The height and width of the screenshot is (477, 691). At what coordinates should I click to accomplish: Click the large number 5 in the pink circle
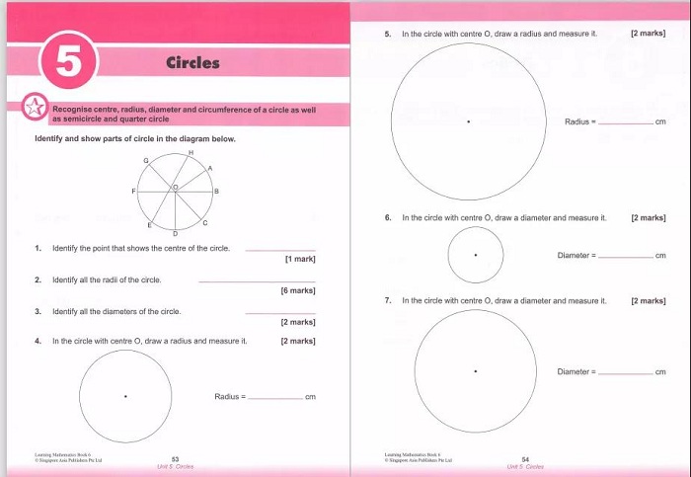pos(67,62)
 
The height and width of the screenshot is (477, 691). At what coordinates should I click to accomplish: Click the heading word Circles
pos(192,63)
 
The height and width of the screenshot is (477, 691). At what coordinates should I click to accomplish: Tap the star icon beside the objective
pos(35,109)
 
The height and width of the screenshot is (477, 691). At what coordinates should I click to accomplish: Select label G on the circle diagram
pos(147,160)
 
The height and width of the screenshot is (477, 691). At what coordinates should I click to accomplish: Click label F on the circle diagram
pos(135,190)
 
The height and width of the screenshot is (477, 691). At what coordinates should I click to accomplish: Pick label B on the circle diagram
pos(216,190)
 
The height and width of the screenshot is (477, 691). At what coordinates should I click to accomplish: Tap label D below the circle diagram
pos(175,233)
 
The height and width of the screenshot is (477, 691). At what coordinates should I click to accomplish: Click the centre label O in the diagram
pos(177,186)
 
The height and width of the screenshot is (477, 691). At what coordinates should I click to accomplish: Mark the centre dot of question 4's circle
pos(125,396)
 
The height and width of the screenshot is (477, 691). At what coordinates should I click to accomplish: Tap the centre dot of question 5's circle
pos(468,121)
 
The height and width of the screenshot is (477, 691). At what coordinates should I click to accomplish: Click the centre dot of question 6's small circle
pos(476,255)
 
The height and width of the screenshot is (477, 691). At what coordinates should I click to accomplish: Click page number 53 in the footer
pos(175,458)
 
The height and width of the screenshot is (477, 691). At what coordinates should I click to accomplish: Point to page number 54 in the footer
pos(525,458)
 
